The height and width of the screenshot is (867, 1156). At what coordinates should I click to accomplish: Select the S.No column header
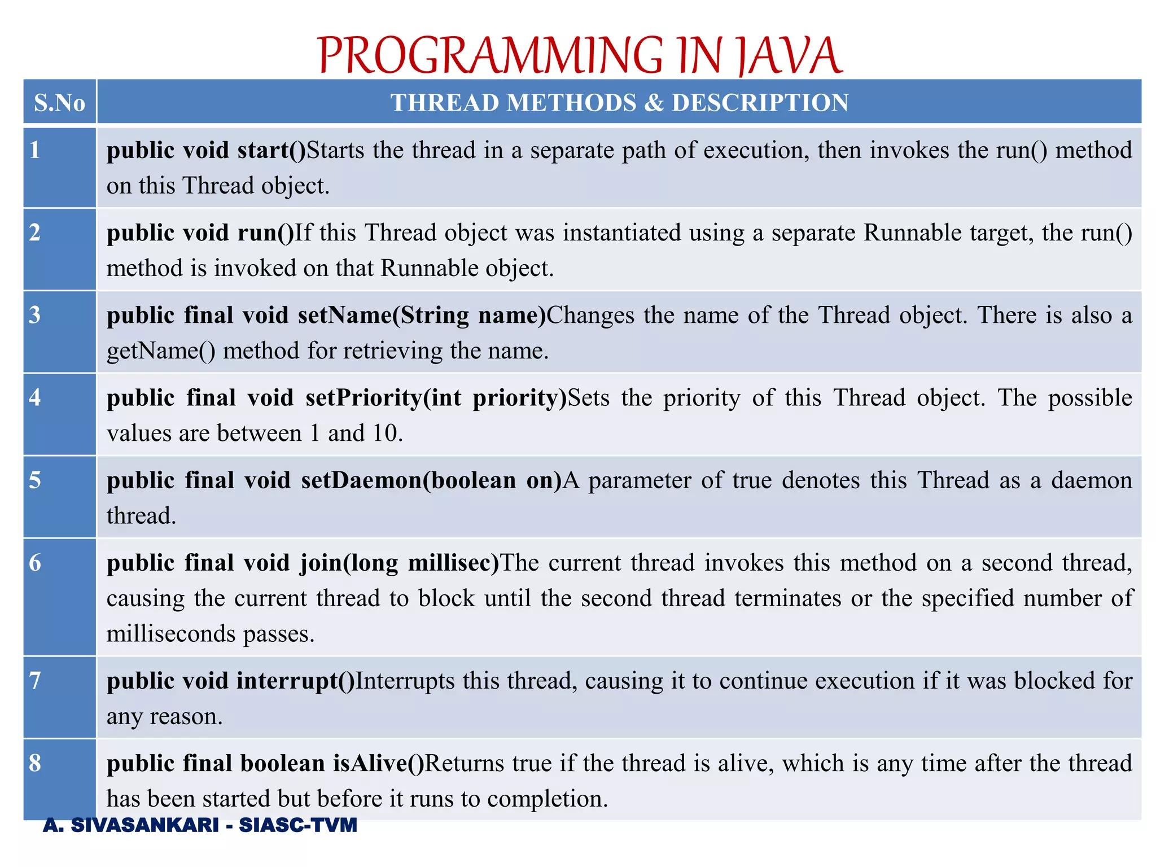click(x=59, y=103)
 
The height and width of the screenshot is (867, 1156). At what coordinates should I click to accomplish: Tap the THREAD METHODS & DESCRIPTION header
click(x=619, y=103)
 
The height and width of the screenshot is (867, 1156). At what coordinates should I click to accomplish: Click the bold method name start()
click(x=272, y=150)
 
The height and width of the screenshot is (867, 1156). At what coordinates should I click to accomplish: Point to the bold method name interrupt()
click(x=295, y=681)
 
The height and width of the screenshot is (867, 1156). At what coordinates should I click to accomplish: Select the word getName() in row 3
click(x=161, y=351)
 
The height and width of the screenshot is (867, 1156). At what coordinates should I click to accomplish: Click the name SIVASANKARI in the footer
click(x=144, y=825)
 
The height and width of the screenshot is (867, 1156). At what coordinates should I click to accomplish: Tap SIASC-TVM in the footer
click(x=298, y=825)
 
